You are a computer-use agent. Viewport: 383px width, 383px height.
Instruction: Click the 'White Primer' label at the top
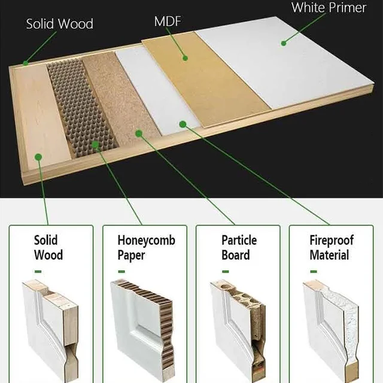pyautogui.click(x=329, y=8)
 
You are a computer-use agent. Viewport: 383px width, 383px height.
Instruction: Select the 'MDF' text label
pyautogui.click(x=168, y=22)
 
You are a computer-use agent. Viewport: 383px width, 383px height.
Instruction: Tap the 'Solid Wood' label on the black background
pyautogui.click(x=59, y=24)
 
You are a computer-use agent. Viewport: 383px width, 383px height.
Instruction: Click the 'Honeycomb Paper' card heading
pyautogui.click(x=146, y=248)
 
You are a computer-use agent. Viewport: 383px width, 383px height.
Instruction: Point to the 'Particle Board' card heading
pyautogui.click(x=239, y=248)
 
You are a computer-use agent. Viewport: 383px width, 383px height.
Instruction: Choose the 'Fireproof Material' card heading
pyautogui.click(x=331, y=248)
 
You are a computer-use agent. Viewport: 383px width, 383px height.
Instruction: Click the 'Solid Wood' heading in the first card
pyautogui.click(x=48, y=248)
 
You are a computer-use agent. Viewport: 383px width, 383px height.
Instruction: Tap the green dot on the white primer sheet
pyautogui.click(x=284, y=42)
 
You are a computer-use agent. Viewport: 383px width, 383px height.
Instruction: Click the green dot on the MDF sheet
pyautogui.click(x=186, y=59)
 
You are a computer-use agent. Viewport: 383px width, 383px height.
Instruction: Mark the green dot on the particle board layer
pyautogui.click(x=139, y=133)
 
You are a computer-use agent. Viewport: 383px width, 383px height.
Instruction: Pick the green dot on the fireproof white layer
pyautogui.click(x=183, y=124)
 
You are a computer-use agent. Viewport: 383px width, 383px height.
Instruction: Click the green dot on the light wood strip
pyautogui.click(x=38, y=157)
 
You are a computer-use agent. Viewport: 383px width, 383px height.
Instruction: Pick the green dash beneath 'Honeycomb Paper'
pyautogui.click(x=122, y=272)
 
